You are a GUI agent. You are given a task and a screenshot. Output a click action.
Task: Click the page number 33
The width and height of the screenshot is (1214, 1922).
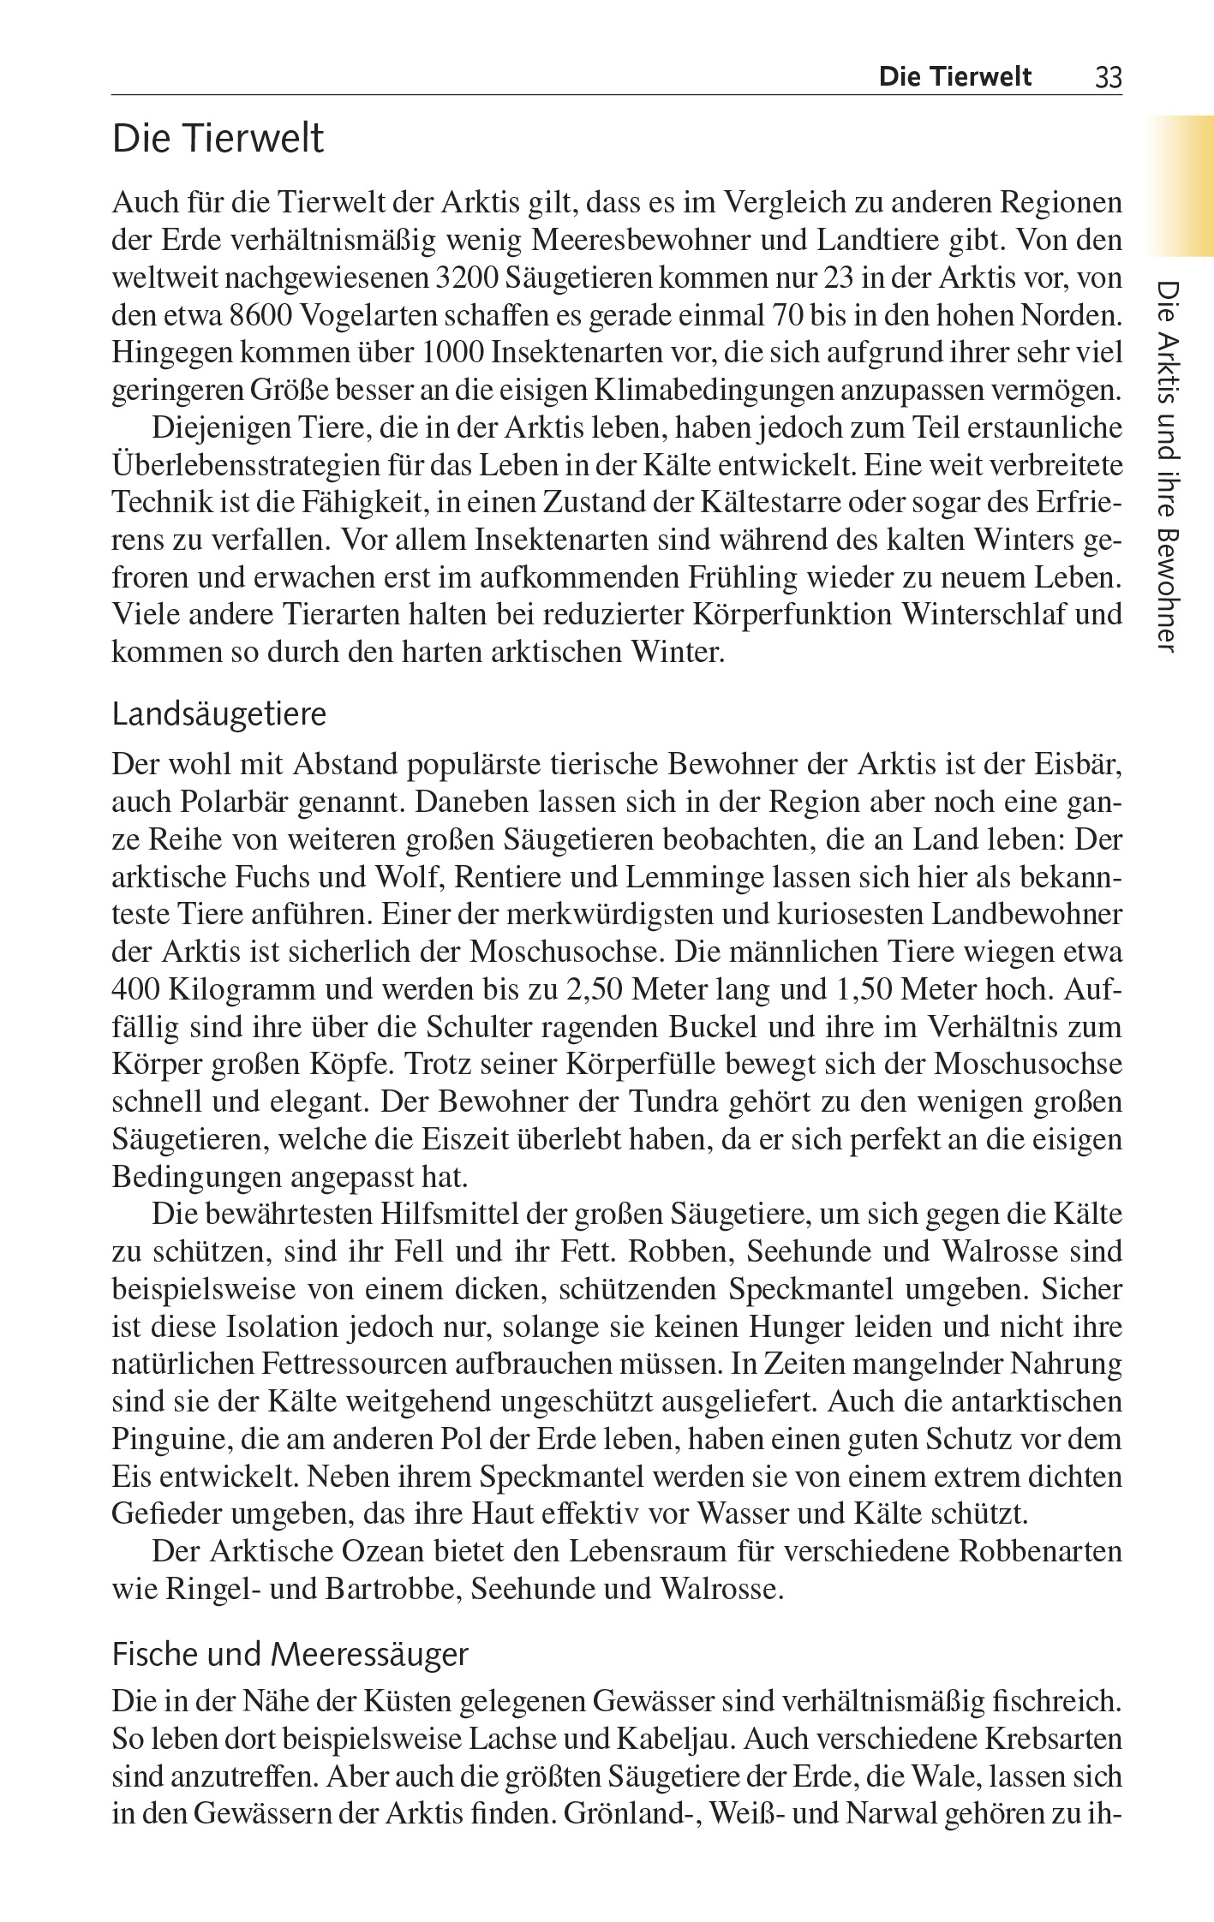point(1108,78)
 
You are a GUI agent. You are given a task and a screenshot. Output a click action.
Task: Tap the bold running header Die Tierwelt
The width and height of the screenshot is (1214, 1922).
point(954,77)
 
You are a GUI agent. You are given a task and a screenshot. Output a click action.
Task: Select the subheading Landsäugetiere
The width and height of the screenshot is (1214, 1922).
point(219,714)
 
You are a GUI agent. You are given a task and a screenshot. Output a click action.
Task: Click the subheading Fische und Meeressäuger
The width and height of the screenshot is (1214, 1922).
point(290,1654)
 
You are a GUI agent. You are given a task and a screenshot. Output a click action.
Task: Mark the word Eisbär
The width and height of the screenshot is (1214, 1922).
point(1077,764)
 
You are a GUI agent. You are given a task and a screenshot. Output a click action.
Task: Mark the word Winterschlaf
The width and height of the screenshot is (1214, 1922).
point(984,615)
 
